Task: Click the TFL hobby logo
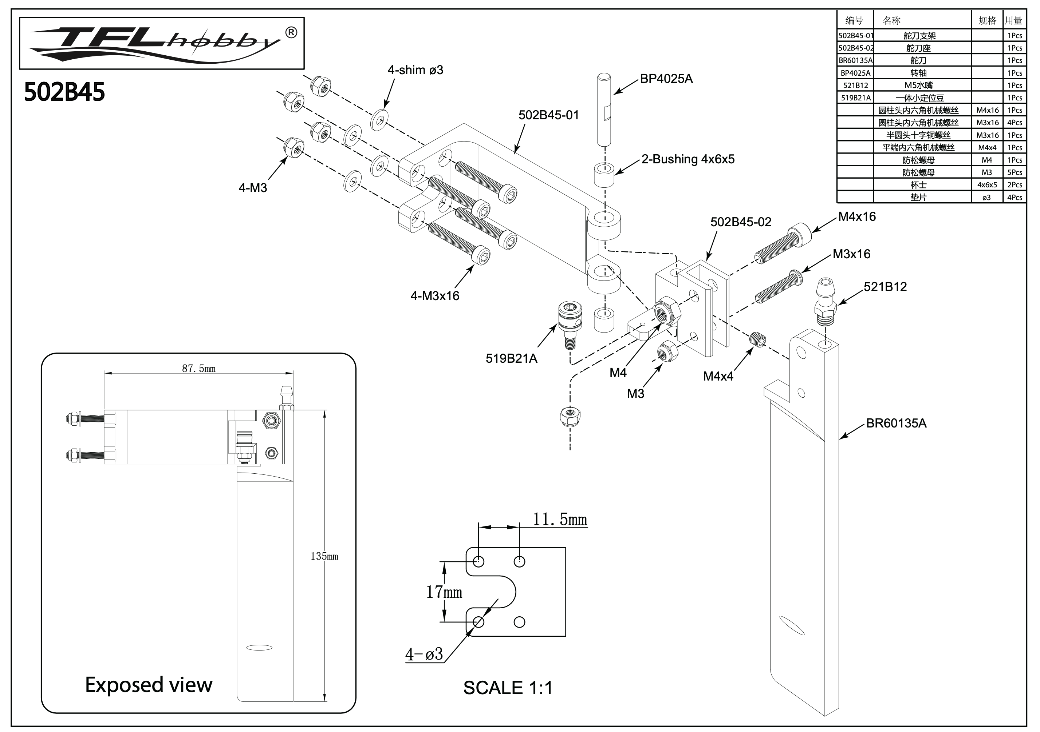[x=162, y=43]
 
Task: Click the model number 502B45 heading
[x=64, y=92]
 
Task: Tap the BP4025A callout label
[x=666, y=79]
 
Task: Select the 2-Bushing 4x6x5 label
[x=688, y=159]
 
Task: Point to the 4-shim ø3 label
[x=415, y=70]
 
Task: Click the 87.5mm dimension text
[x=198, y=369]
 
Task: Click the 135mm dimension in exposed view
[x=324, y=556]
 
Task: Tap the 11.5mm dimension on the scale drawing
[x=559, y=520]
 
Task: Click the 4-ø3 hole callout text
[x=424, y=654]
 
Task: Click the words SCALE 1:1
[x=508, y=688]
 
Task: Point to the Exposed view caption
[x=149, y=685]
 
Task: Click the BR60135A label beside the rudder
[x=896, y=423]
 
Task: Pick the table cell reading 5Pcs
[x=1014, y=172]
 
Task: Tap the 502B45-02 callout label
[x=741, y=222]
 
